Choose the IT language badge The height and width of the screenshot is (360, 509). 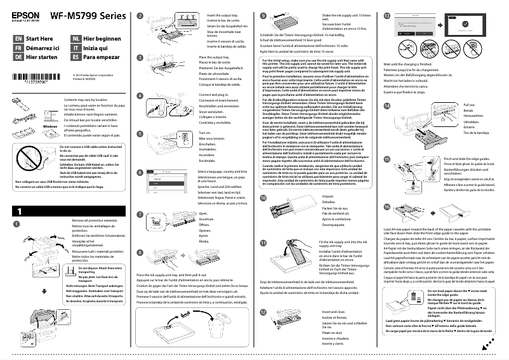[x=76, y=48]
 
